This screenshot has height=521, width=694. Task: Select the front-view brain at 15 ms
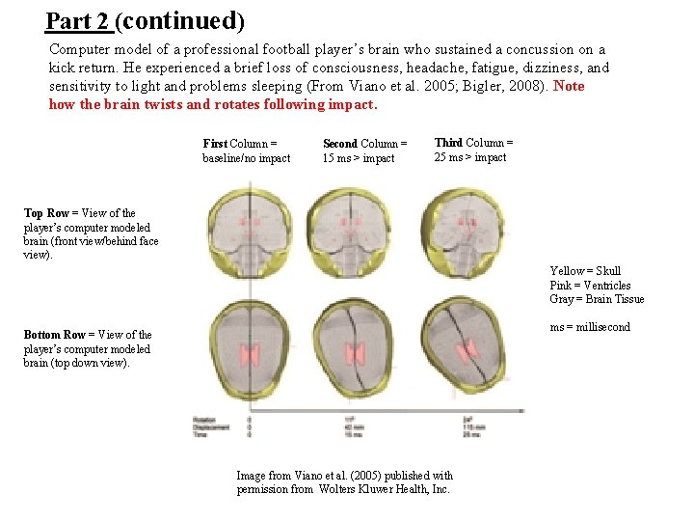click(359, 232)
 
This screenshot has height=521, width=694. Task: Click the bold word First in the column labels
click(215, 144)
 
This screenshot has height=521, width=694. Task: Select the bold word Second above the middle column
click(340, 144)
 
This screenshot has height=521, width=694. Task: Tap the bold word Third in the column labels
click(448, 143)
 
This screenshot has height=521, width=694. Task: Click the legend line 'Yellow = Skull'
click(585, 271)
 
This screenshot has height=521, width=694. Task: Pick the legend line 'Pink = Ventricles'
click(590, 285)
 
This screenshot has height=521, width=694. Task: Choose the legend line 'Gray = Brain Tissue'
click(597, 298)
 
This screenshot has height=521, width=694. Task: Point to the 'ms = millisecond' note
click(590, 327)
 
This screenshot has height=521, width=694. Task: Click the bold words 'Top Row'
click(46, 213)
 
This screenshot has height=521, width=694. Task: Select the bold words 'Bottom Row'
click(54, 335)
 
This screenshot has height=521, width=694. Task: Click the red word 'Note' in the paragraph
click(569, 86)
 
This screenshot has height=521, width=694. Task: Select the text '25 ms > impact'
click(469, 157)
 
